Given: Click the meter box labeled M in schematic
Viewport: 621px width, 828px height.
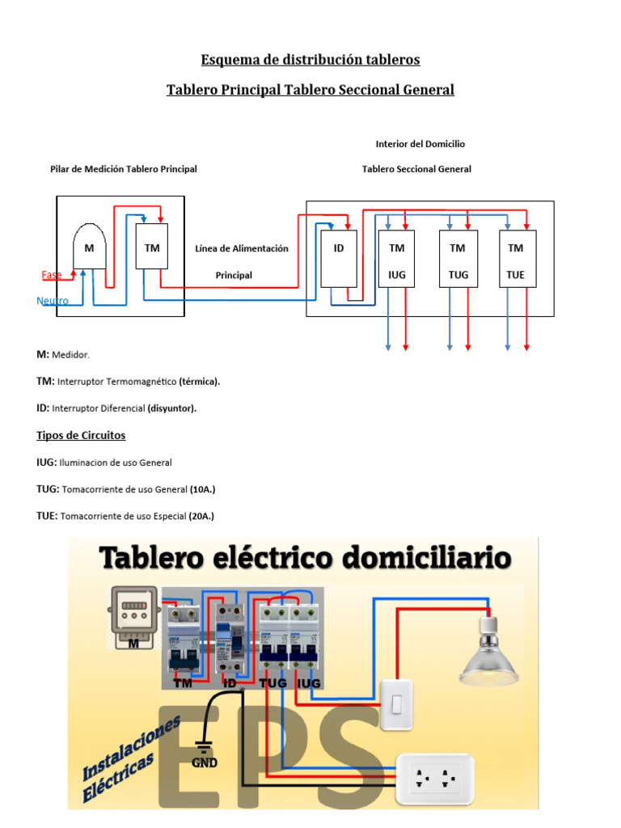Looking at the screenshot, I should pos(89,246).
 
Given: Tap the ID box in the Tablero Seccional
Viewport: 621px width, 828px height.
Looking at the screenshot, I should pos(339,259).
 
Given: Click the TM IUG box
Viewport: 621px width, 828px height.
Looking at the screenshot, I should pos(396,260).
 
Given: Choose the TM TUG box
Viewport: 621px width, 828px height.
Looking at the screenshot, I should pos(458,260).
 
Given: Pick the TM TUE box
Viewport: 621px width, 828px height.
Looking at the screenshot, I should pos(515,260).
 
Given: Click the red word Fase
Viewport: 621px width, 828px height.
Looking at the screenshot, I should pos(52,275).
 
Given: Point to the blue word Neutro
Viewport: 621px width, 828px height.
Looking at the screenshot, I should pos(53,301).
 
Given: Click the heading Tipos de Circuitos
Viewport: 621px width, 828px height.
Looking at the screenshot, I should pos(81,435).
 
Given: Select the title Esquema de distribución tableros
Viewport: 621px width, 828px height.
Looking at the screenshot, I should pos(310,60).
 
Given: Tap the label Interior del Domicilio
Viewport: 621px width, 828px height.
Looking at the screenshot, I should pos(420,144).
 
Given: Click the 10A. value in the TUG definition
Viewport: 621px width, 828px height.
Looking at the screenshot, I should pos(202,489).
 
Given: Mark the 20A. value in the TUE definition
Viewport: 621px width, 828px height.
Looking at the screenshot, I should pos(201,516).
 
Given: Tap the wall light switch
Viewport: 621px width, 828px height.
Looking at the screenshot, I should pos(396,704).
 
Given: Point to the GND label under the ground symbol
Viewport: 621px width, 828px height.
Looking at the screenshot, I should pos(204,762).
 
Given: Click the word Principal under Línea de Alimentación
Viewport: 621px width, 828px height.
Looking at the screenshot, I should pos(234,275).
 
